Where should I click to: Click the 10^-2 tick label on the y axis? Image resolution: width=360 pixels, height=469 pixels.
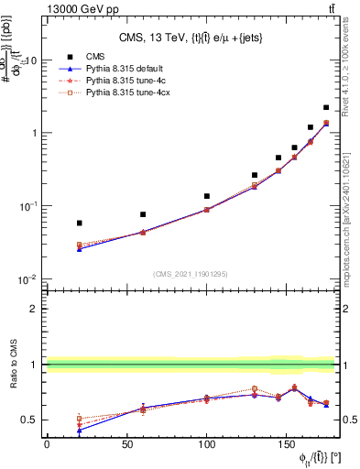click(27, 278)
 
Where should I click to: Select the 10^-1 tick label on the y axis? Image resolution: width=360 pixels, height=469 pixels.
click(27, 206)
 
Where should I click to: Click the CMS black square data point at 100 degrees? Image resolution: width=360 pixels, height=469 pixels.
click(207, 196)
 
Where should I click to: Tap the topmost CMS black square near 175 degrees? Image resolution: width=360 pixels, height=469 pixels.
click(326, 107)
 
